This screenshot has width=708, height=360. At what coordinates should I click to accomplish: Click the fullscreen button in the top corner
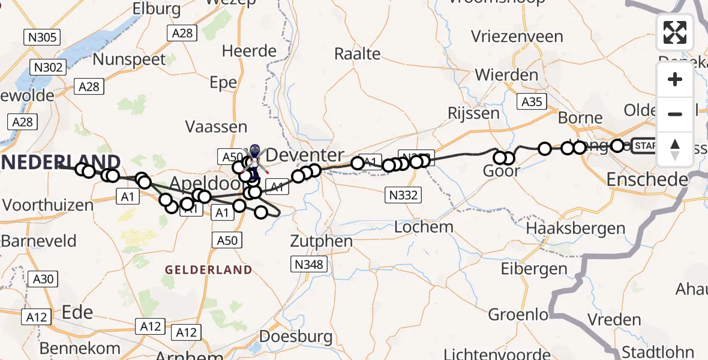point(675,32)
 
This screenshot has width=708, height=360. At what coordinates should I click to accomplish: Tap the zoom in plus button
point(675,79)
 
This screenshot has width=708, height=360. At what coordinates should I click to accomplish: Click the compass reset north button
point(675,149)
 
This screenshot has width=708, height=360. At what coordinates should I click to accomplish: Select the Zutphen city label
point(321,241)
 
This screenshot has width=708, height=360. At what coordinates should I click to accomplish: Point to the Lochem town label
point(424,227)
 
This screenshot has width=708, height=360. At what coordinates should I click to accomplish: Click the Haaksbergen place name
point(575,228)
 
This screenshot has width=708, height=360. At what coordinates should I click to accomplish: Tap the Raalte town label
point(358,54)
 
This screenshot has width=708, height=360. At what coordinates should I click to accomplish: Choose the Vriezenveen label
point(517,36)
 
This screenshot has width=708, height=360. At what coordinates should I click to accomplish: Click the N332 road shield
point(403,194)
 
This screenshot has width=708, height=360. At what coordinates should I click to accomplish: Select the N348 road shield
point(308,264)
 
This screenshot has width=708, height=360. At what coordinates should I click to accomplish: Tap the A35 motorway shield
point(532,102)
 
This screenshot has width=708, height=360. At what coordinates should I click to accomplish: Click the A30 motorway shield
point(44,279)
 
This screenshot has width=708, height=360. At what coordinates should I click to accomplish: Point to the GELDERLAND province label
point(209,270)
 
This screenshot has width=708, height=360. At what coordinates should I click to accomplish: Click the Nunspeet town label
point(130,59)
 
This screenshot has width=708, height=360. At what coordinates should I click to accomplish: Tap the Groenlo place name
point(518,314)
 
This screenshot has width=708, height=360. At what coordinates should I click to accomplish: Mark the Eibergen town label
point(534,268)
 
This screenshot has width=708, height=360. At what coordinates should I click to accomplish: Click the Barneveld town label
point(39,241)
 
